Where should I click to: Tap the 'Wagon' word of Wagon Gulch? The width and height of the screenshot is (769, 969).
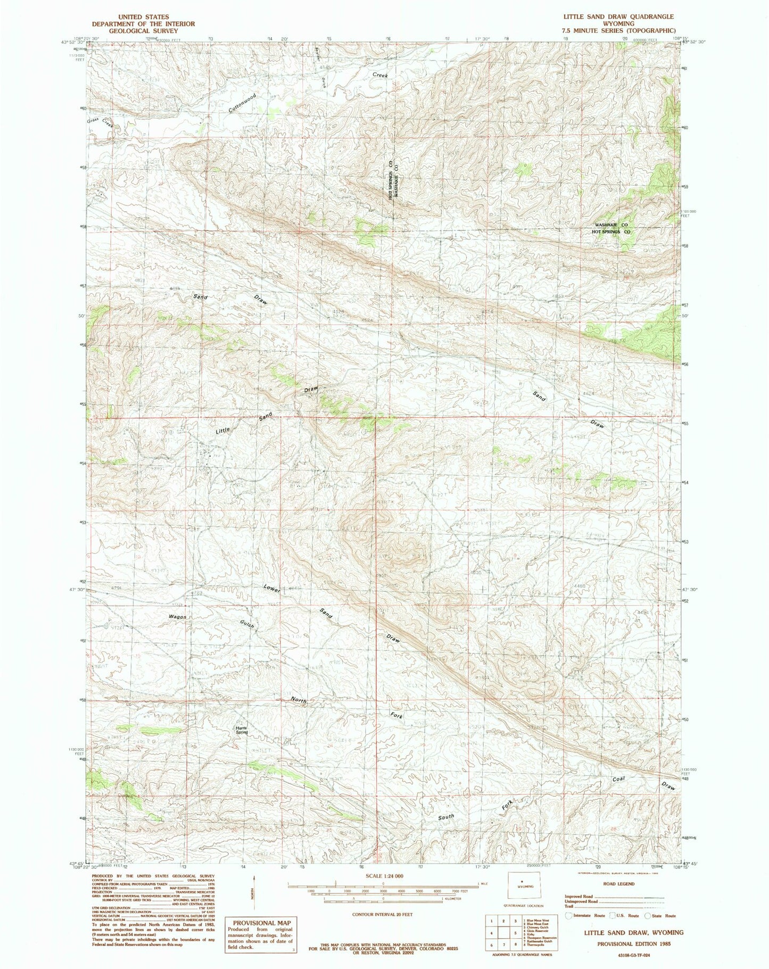pos(177,616)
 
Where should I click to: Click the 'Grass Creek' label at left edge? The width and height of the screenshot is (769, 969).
pos(101,122)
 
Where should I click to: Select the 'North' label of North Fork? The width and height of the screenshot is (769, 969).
pos(299,700)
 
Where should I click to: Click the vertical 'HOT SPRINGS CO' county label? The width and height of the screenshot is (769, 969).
pos(391,180)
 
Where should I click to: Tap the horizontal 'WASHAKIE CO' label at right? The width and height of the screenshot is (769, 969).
pos(612,225)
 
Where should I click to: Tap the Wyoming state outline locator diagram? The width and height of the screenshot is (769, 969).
pos(525,887)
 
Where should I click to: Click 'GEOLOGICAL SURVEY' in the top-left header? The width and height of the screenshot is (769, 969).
pos(135,31)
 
